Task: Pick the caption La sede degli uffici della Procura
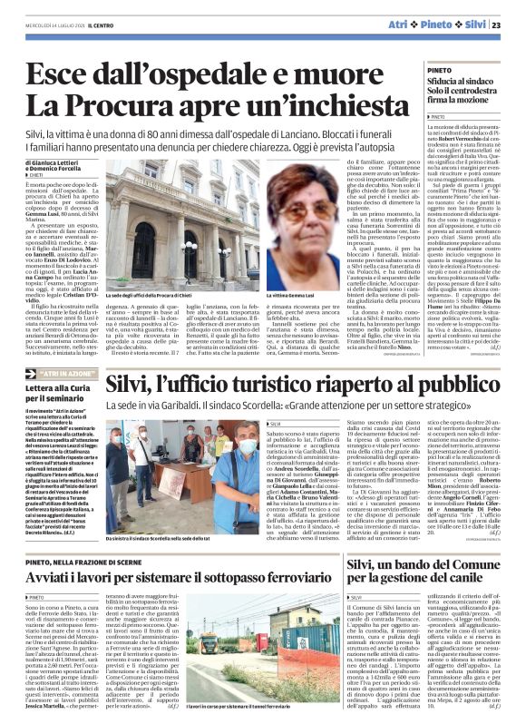click(165, 296)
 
